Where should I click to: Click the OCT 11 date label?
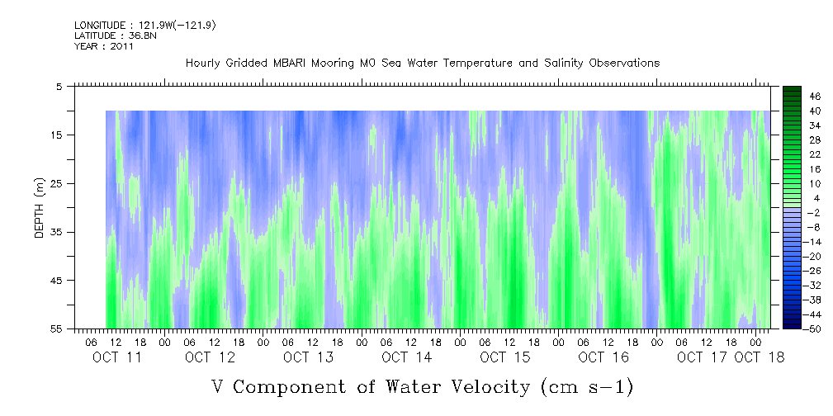pos(116,357)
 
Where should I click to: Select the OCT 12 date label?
pos(210,357)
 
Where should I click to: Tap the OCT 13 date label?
pos(308,357)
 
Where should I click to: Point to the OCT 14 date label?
pos(406,357)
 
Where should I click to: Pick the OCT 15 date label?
pos(504,357)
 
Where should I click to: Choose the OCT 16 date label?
pos(603,357)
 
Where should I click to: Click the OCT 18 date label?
pos(759,357)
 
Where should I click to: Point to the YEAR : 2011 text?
pos(104,46)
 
